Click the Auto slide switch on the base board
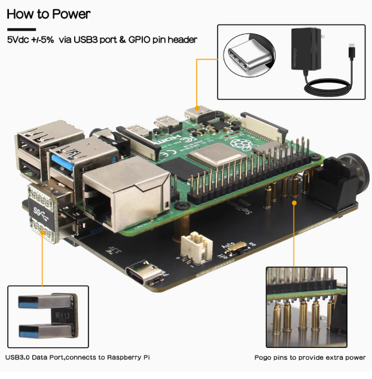pos(233,246)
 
